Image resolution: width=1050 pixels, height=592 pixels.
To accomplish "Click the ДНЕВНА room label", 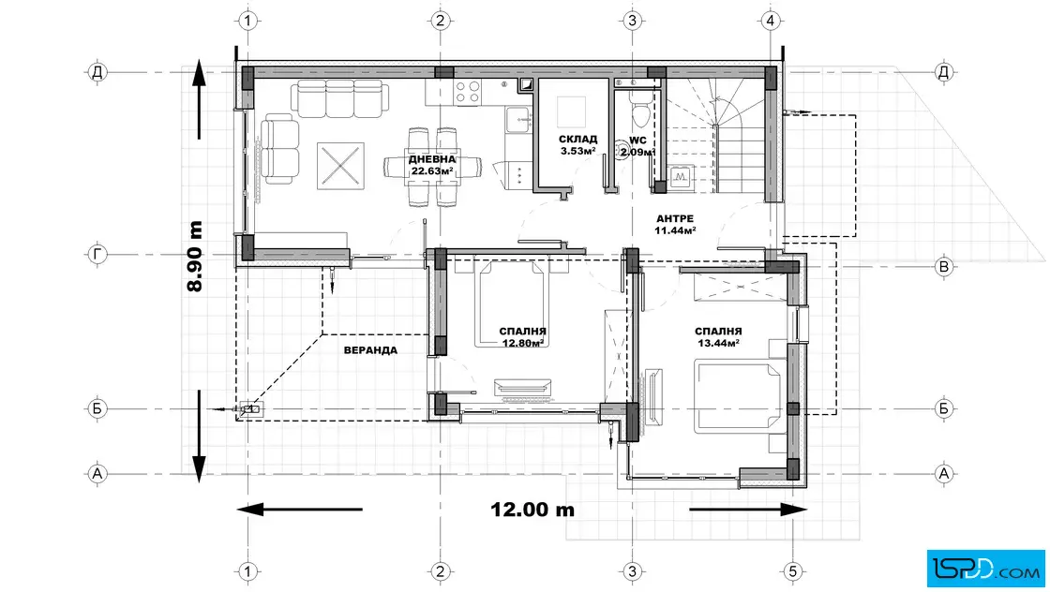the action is click(x=432, y=159).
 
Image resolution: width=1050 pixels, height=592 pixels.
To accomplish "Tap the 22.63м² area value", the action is click(x=432, y=170).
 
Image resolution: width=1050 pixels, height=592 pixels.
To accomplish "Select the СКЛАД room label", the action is click(x=577, y=140).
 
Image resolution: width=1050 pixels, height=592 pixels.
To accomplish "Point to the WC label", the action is click(x=637, y=141).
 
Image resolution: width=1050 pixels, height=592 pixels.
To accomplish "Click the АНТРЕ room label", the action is click(x=675, y=219).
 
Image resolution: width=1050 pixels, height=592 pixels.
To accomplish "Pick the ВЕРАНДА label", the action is click(x=370, y=349).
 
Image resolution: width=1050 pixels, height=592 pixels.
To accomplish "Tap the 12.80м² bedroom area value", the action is click(x=522, y=343).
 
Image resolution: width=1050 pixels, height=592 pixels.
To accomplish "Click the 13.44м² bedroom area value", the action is click(x=718, y=343).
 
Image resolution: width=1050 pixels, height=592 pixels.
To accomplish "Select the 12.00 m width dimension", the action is click(x=532, y=510).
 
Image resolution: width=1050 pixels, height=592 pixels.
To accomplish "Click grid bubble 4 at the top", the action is click(x=770, y=21).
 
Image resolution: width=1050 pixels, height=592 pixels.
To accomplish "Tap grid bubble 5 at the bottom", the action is click(x=793, y=571).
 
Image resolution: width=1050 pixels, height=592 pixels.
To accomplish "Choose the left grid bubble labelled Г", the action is click(x=97, y=254).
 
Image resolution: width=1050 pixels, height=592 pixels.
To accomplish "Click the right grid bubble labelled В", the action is click(x=944, y=267).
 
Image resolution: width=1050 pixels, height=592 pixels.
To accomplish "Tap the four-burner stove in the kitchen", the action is click(x=468, y=92).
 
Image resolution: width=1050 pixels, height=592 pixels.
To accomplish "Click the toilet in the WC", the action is click(x=638, y=112).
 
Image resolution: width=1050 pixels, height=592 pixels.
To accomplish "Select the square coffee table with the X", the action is click(x=340, y=165).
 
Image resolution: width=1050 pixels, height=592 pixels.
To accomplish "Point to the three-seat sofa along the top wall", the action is click(x=339, y=98).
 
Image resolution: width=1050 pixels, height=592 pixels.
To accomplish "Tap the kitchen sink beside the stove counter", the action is click(x=519, y=120).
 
